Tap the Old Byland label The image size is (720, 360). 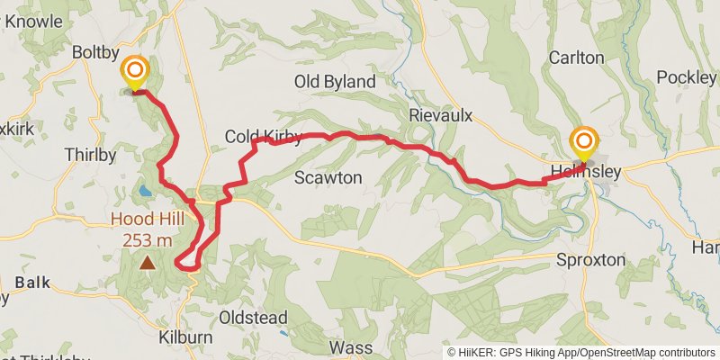335,82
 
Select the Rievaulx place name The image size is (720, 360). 440,115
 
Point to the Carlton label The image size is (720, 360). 576,58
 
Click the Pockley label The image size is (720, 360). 686,77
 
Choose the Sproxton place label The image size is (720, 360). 590,259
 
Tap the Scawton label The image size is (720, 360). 328,178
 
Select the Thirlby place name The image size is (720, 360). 91,155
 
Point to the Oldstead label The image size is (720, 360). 254,318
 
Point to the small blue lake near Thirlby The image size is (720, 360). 145,191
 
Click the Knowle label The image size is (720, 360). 36,21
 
